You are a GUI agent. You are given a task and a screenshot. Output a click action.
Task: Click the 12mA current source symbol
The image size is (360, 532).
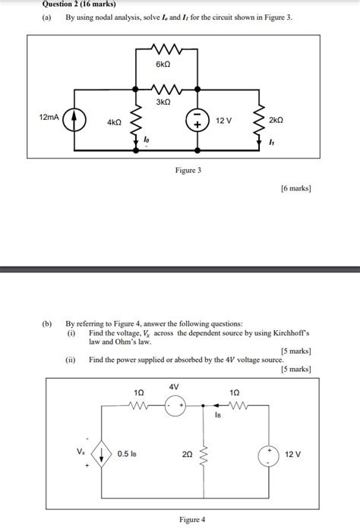tap(74, 121)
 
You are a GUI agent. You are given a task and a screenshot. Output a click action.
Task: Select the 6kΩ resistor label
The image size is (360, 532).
tap(163, 65)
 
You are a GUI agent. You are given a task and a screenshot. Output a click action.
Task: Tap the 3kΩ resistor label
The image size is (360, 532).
tap(163, 101)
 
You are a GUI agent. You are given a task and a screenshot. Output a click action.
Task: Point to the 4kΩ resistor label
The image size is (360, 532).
tap(114, 121)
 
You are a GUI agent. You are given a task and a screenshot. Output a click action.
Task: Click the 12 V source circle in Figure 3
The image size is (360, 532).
tap(197, 121)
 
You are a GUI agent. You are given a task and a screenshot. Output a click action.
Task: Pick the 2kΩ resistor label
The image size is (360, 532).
tap(276, 121)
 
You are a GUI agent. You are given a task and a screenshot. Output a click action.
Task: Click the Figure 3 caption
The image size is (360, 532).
tap(188, 171)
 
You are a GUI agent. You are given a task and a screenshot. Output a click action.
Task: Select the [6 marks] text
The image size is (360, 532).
tap(295, 188)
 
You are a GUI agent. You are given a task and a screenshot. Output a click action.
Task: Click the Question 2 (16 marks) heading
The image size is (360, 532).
tap(74, 4)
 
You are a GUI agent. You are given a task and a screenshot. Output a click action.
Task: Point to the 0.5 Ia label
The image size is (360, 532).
tap(127, 454)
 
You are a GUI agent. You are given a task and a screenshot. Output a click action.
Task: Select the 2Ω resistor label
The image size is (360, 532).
tap(187, 454)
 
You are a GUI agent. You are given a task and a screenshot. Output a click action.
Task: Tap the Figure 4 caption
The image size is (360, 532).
tap(192, 519)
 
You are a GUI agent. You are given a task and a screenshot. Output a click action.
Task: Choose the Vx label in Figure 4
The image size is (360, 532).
tap(81, 451)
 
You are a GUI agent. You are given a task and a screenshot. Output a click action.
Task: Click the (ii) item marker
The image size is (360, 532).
tap(71, 360)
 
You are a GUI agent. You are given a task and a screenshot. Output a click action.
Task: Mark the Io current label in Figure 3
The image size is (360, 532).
tap(147, 140)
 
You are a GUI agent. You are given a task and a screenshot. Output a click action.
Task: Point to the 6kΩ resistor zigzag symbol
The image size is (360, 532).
tap(163, 52)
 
